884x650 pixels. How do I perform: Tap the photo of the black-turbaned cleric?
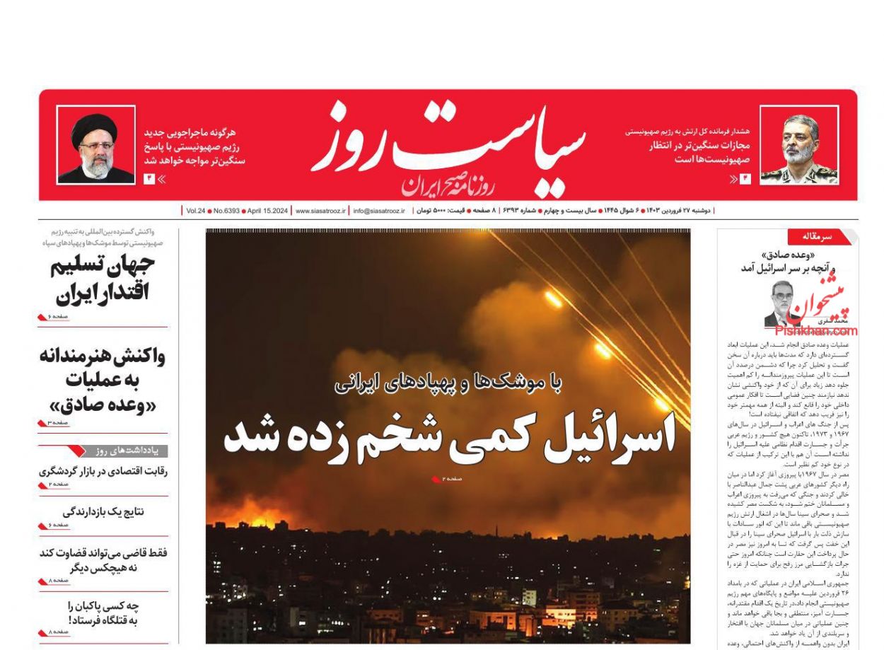pyautogui.click(x=95, y=145)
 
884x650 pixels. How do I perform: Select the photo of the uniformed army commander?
pyautogui.click(x=799, y=145)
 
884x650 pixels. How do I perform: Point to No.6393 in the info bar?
pyautogui.click(x=226, y=211)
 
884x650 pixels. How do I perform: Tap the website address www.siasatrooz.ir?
pyautogui.click(x=320, y=211)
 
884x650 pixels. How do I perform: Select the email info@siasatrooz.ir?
pyautogui.click(x=379, y=211)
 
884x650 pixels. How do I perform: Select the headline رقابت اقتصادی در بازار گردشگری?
pyautogui.click(x=103, y=472)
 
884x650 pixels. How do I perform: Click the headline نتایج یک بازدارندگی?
pyautogui.click(x=103, y=511)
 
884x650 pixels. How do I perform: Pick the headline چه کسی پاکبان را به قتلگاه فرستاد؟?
pyautogui.click(x=103, y=613)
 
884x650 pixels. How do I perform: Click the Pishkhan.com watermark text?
pyautogui.click(x=815, y=330)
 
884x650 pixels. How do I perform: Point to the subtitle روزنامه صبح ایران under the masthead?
pyautogui.click(x=450, y=186)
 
